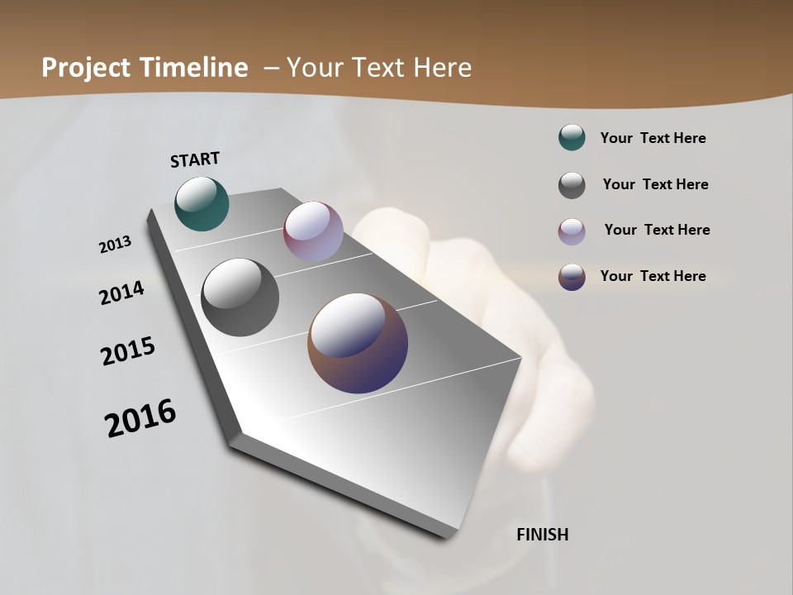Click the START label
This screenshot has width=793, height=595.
tap(195, 159)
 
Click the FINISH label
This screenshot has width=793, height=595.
tap(543, 535)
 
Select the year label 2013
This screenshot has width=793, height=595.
tap(116, 245)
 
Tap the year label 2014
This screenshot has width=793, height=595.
tap(122, 293)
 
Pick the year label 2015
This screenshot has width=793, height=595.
tap(128, 351)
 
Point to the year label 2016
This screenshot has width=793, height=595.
tap(140, 418)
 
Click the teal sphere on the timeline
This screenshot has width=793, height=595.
tap(202, 204)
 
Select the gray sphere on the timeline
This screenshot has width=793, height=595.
tap(240, 297)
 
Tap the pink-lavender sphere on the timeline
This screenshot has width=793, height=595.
tap(313, 231)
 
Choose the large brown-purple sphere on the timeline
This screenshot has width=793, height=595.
tap(358, 343)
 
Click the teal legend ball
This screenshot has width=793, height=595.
tap(572, 138)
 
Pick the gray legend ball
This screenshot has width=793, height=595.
tap(572, 185)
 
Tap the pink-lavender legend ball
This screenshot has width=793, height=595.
tap(572, 231)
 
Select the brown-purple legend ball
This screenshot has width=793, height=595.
tap(572, 277)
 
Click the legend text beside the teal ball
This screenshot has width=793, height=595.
tap(653, 138)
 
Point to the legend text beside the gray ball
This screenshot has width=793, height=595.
tap(655, 184)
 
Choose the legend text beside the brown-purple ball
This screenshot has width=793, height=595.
tap(653, 276)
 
